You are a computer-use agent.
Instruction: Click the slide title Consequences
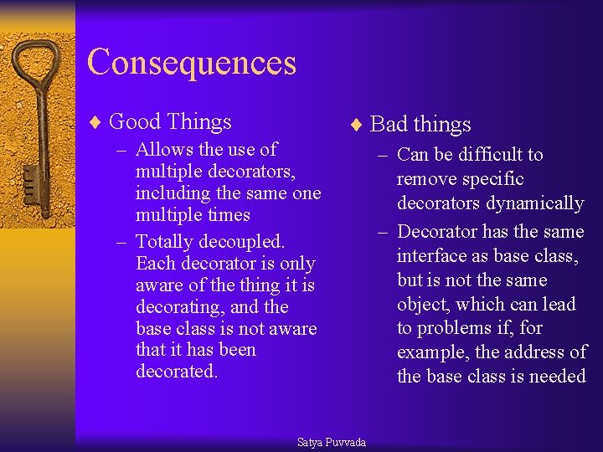[x=192, y=63]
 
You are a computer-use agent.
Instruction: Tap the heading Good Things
[x=170, y=121]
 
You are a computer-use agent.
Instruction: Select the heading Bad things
[x=420, y=125]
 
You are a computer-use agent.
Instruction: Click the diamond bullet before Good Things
[x=95, y=122]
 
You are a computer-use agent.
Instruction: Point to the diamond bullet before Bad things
[x=357, y=126]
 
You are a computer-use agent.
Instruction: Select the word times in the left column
[x=227, y=215]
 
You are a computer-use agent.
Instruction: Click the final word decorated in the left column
[x=176, y=372]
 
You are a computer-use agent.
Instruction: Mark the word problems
[x=455, y=328]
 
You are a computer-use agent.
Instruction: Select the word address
[x=535, y=352]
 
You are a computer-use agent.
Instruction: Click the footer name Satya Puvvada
[x=332, y=442]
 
